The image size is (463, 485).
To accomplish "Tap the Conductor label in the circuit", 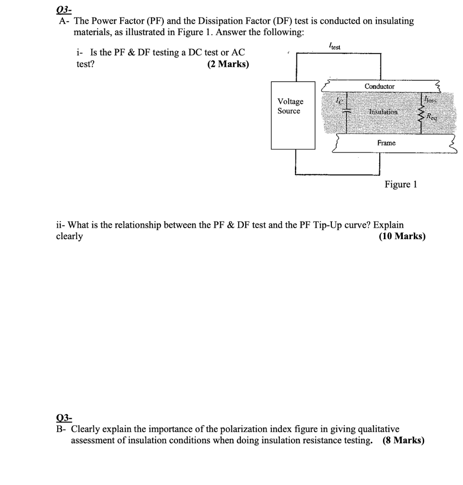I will [379, 86].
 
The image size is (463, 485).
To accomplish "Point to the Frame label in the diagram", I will [386, 143].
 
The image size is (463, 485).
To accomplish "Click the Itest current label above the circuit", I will [334, 46].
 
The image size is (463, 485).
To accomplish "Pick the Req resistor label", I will [431, 116].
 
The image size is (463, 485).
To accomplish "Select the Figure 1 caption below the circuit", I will [401, 184].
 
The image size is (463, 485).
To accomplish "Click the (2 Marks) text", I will [228, 64].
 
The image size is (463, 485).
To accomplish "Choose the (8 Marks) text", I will [403, 440].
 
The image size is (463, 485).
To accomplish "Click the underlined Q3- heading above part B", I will [63, 418].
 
